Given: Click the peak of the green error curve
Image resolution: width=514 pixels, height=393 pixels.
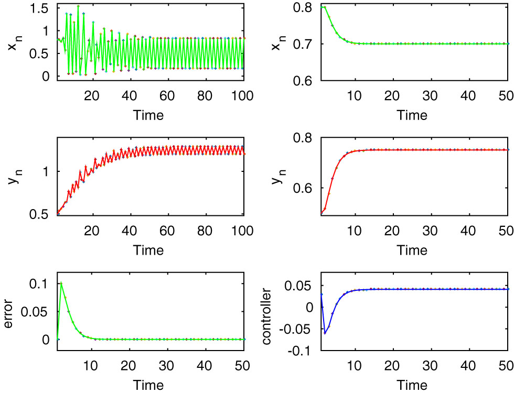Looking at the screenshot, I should click(61, 283).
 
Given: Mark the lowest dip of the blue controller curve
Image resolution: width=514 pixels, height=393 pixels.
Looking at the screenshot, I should click(325, 333).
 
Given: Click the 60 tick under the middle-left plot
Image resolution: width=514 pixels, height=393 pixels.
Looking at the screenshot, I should click(167, 231).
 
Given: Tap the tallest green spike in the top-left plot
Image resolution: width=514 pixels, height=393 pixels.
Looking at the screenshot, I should click(78, 6).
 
